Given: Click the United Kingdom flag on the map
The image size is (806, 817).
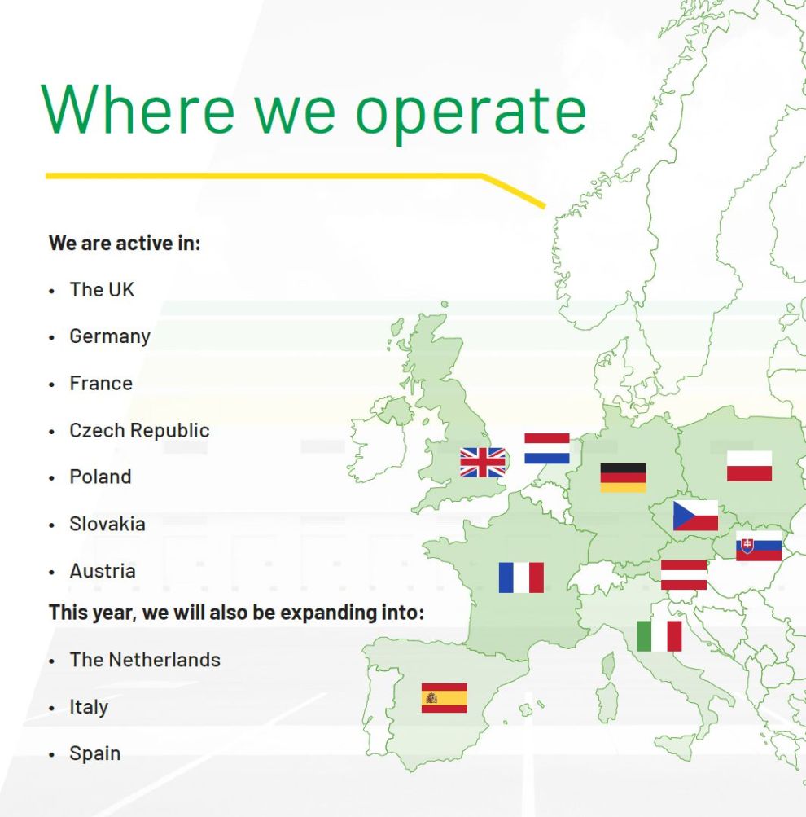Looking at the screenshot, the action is tap(483, 462).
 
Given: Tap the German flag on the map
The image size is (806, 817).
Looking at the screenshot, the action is tap(624, 477).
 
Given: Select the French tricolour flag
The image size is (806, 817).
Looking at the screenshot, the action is tap(521, 578).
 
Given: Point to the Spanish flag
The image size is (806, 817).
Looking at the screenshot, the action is tap(445, 698).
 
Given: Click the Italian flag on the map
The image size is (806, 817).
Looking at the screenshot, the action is tap(659, 636).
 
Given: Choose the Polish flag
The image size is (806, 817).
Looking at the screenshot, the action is tap(749, 466).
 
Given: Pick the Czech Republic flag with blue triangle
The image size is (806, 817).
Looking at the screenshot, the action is tap(695, 516).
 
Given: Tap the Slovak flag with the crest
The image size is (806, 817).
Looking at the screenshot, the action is tap(759, 546).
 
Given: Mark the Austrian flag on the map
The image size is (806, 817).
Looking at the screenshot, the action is tap(684, 575).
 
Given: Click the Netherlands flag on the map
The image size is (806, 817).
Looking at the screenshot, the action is tap(547, 448).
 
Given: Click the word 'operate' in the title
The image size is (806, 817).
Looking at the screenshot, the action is tap(471, 111).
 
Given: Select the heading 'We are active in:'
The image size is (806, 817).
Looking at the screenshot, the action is tap(125, 244).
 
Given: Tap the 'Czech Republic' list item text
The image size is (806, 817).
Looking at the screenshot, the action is tap(139, 430).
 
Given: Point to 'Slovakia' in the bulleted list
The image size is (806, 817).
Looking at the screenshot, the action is tap(107, 524).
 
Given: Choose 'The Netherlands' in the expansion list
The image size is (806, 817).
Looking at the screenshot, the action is tap(145, 660).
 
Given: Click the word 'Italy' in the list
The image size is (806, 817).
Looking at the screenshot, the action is tap(89, 707).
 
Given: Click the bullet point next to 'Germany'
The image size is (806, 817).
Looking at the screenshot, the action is tap(51, 338).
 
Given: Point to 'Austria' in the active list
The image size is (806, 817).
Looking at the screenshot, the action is tap(103, 571).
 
